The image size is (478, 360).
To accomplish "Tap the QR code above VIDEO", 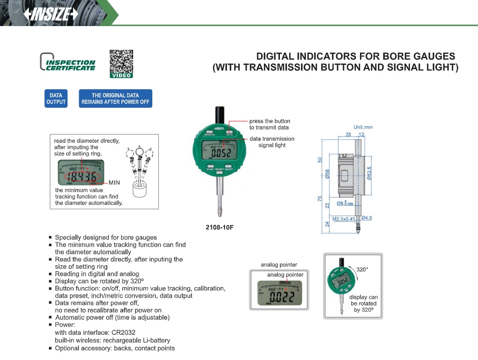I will [x=121, y=61].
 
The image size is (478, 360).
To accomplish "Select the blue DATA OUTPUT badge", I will [x=56, y=98].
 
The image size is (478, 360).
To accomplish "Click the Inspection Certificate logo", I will [x=68, y=62].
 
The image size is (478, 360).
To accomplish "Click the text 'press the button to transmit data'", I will [x=269, y=124].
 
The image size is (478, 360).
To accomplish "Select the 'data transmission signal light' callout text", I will [x=272, y=142].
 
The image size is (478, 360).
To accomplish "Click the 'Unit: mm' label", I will [x=363, y=127].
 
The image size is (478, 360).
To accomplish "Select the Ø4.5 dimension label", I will [x=366, y=218].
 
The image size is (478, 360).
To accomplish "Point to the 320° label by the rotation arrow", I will [x=362, y=269].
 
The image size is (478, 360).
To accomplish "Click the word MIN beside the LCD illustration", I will [x=114, y=182].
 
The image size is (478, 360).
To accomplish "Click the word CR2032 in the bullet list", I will [x=122, y=333].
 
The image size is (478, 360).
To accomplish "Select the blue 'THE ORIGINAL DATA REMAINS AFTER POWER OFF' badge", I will [x=115, y=98].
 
